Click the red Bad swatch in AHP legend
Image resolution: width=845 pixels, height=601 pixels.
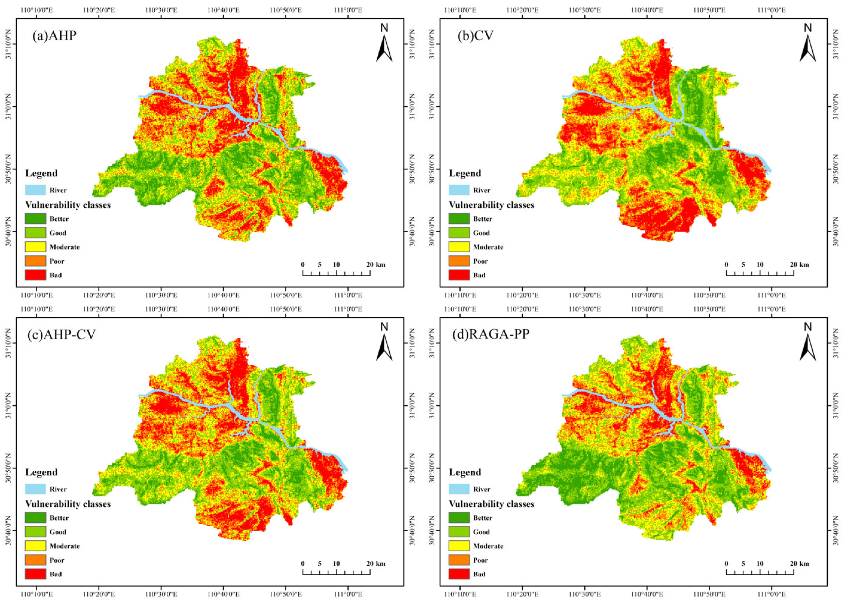click(x=36, y=275)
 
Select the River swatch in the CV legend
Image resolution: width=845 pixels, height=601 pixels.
click(x=459, y=190)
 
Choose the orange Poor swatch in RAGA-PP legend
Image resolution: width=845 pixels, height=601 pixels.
click(x=459, y=560)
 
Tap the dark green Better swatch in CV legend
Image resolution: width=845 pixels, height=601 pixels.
click(x=459, y=219)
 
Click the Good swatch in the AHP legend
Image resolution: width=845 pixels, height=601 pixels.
click(x=36, y=233)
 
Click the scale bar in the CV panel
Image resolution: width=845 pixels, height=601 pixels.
click(x=760, y=273)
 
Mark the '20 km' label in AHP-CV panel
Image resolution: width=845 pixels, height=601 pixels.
click(x=375, y=563)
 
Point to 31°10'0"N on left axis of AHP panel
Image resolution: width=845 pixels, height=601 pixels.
click(x=8, y=45)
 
